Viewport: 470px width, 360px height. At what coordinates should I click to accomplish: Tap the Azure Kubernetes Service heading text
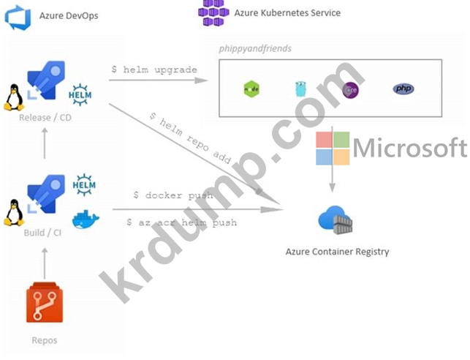[287, 12]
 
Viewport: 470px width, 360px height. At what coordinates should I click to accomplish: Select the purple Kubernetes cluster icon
[213, 12]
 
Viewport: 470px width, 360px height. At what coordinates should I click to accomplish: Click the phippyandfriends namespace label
[256, 48]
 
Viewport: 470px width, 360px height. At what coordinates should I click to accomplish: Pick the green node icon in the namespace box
[251, 89]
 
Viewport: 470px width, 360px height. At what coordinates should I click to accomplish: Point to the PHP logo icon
[403, 89]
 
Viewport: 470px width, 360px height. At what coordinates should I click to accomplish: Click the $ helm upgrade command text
[154, 70]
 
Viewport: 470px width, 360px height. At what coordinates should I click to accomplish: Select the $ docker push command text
[173, 195]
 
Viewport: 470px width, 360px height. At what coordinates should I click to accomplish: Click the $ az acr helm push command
[181, 222]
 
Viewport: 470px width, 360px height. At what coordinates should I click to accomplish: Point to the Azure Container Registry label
[337, 252]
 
